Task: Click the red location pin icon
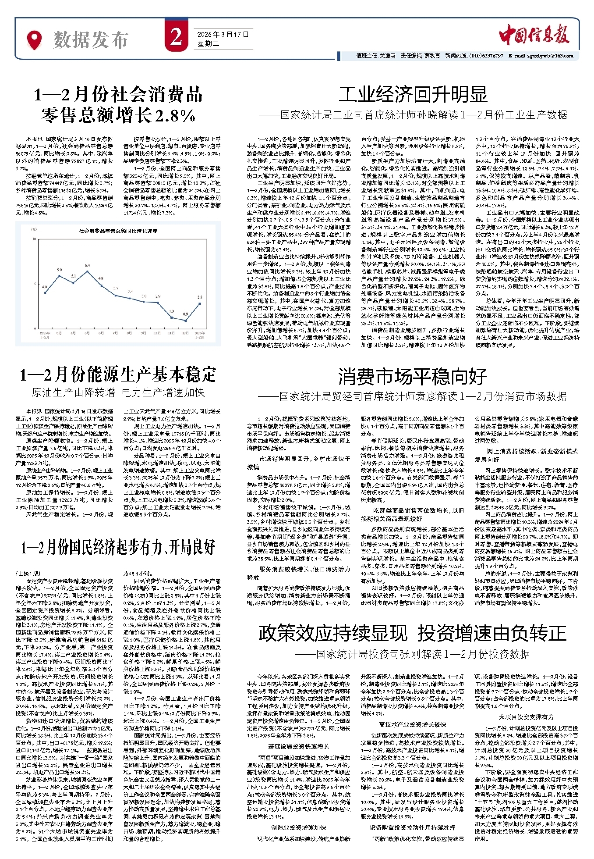tap(34, 40)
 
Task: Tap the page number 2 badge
tap(176, 38)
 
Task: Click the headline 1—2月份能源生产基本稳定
tap(118, 375)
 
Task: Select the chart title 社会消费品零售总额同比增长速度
tap(118, 231)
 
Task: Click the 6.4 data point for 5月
tap(88, 271)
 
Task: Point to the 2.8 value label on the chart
tap(200, 297)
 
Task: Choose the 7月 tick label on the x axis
tap(116, 333)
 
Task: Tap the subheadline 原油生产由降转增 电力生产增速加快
tap(118, 392)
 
